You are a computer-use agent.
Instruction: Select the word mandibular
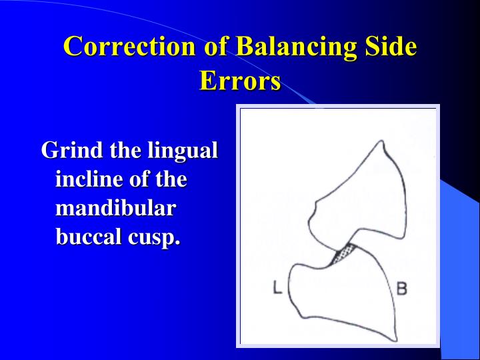pos(115,208)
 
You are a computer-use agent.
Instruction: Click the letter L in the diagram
pos(278,287)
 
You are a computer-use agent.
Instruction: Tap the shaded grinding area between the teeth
pos(345,253)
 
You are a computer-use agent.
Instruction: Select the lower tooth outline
pos(340,293)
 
